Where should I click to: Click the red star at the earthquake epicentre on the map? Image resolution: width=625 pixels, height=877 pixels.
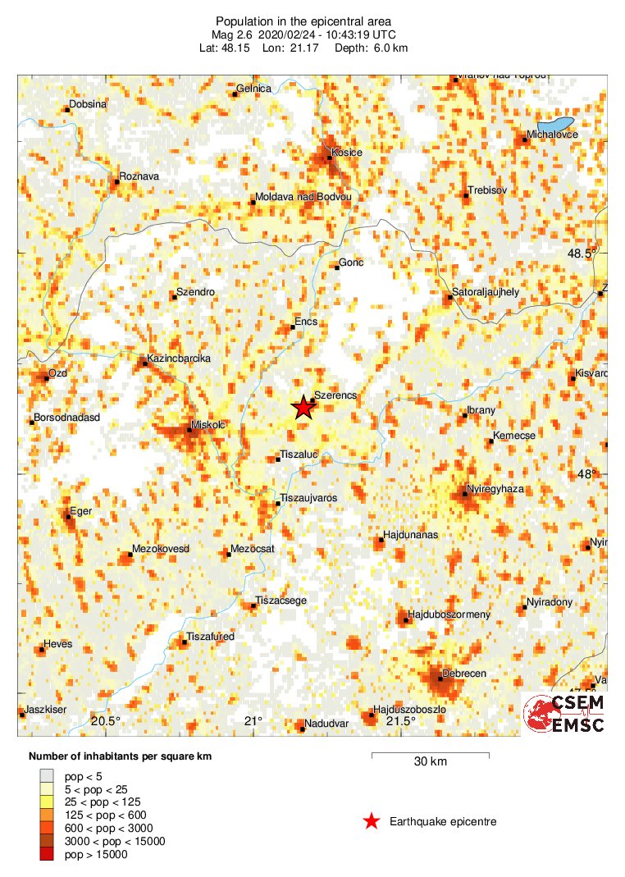point(303,407)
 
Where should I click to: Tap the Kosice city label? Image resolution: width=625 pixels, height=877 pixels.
point(347,153)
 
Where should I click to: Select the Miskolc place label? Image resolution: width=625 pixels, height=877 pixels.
point(208,424)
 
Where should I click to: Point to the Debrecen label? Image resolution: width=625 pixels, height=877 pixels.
point(464,674)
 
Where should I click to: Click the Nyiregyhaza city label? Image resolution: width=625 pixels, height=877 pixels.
point(495,490)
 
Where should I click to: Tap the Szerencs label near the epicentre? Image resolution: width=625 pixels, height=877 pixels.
point(336,395)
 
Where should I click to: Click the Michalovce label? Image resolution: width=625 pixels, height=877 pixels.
point(554,134)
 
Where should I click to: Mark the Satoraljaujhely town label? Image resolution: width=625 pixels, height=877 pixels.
point(486,292)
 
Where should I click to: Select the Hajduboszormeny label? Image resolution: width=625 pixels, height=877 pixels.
point(449,614)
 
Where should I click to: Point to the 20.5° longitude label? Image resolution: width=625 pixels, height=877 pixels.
point(106,722)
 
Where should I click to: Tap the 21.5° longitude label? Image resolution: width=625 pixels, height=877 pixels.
point(401,722)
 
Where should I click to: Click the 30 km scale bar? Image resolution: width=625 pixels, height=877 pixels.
point(431,754)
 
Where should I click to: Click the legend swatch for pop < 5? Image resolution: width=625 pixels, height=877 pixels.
point(46,775)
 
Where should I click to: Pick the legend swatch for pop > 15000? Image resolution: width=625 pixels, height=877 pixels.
point(46,854)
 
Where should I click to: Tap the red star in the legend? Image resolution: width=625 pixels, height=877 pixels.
point(372,820)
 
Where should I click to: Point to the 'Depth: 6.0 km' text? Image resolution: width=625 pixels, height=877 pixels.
point(372,48)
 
